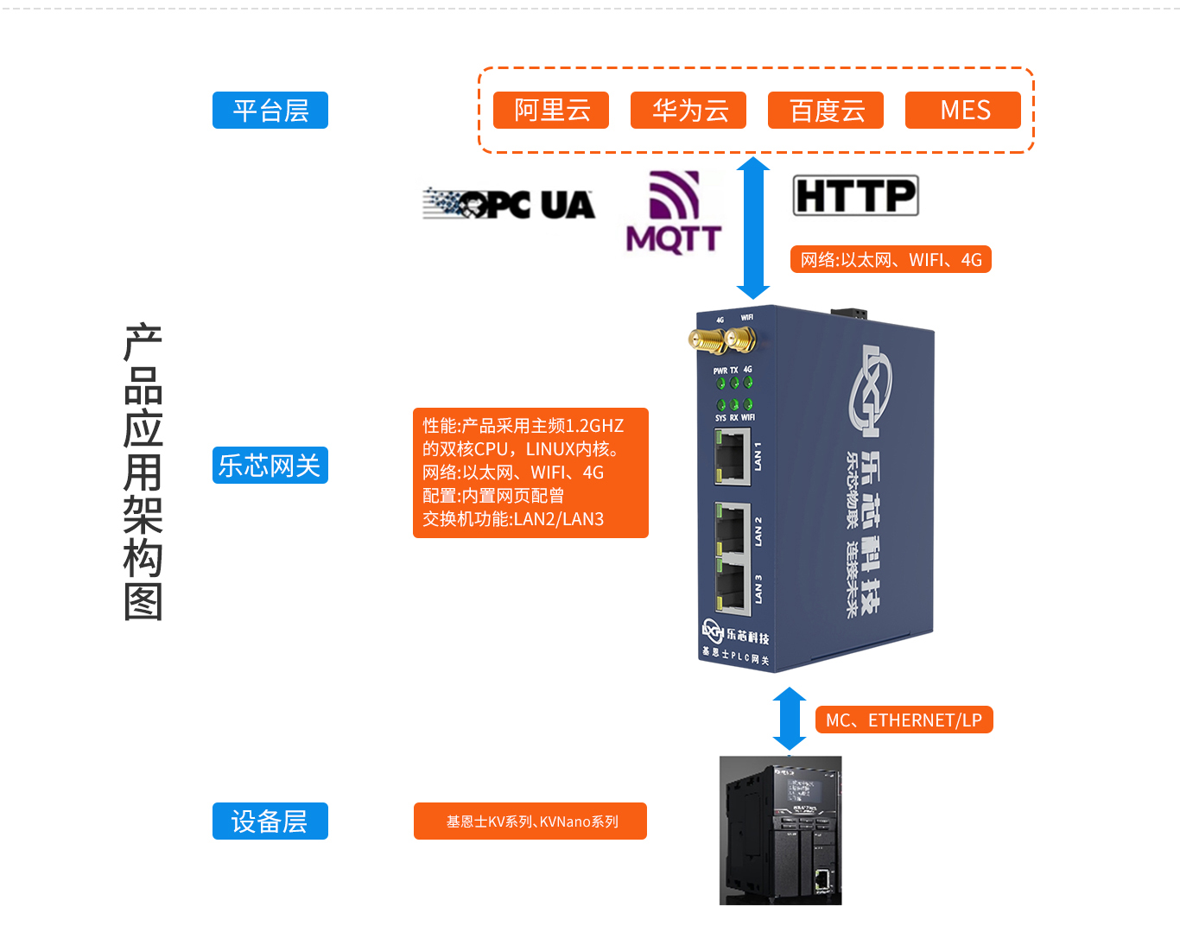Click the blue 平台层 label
click(x=270, y=111)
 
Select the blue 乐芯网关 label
click(x=270, y=466)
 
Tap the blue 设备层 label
click(x=270, y=821)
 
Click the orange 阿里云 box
click(x=551, y=111)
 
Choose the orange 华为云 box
click(x=688, y=111)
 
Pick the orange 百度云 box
click(x=826, y=111)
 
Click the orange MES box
click(x=963, y=111)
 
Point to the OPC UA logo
click(x=509, y=205)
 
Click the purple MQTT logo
click(x=674, y=212)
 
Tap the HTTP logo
click(x=855, y=196)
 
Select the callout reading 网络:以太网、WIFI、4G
click(x=891, y=260)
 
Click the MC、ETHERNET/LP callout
click(x=904, y=720)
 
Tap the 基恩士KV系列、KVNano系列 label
click(x=530, y=821)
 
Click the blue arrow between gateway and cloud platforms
click(x=753, y=228)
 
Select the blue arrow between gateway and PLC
click(x=789, y=719)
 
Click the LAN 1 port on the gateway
click(x=731, y=456)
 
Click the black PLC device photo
click(x=780, y=830)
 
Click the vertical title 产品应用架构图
click(x=143, y=472)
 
